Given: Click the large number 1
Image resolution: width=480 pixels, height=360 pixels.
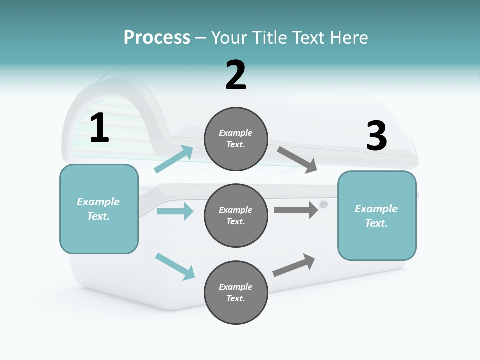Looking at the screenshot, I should pos(99,128).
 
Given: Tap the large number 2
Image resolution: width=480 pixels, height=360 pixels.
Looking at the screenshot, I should pos(236,75).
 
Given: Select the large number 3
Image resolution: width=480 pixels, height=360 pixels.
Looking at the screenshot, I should pos(376,136).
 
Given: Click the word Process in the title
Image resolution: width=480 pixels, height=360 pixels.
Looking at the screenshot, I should pos(157,37).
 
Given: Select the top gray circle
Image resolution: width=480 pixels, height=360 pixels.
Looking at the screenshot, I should pos(236,139).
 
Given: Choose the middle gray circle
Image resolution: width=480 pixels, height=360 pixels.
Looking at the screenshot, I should pos(236,215).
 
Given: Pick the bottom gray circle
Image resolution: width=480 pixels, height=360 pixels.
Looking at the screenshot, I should pos(236,292).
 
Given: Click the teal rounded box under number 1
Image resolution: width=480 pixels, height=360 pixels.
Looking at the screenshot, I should pos(99,209).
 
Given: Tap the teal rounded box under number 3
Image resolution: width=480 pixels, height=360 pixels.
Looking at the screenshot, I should pos(377,215).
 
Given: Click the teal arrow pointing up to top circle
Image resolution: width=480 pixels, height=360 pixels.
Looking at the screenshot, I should pos(174,159).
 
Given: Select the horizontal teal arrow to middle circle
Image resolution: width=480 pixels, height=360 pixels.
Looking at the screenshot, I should pos(175,211).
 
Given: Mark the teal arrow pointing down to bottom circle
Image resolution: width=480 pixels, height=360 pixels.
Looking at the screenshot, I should pos(175,266).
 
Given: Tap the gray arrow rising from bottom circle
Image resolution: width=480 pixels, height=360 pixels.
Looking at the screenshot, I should pos(294,265).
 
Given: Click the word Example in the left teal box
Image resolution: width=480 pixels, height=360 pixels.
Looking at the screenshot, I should pos(98,202).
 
